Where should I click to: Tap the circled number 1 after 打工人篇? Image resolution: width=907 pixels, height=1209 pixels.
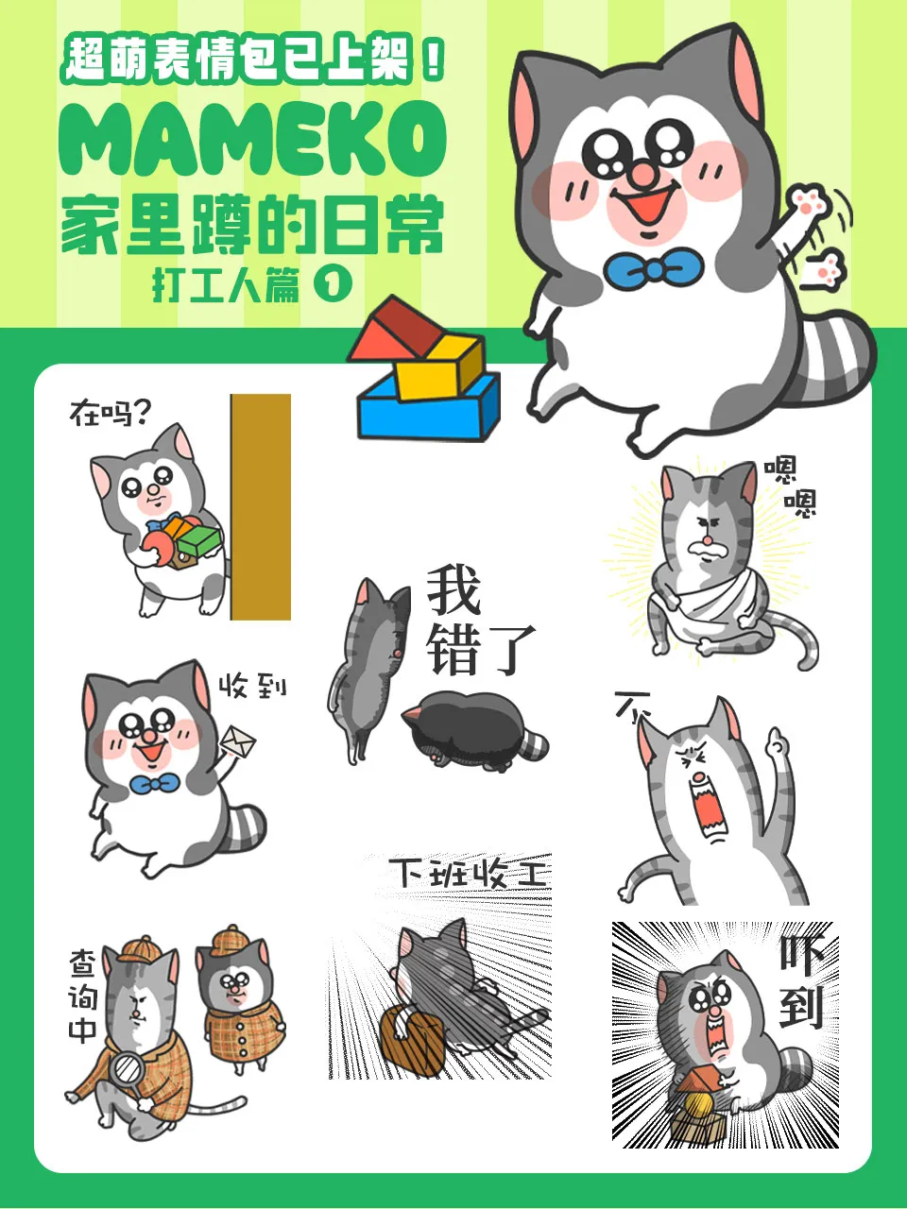coord(332,286)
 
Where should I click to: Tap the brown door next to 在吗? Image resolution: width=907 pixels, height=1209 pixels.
coord(261,506)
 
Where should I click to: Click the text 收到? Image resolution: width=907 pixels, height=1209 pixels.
coord(253,686)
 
